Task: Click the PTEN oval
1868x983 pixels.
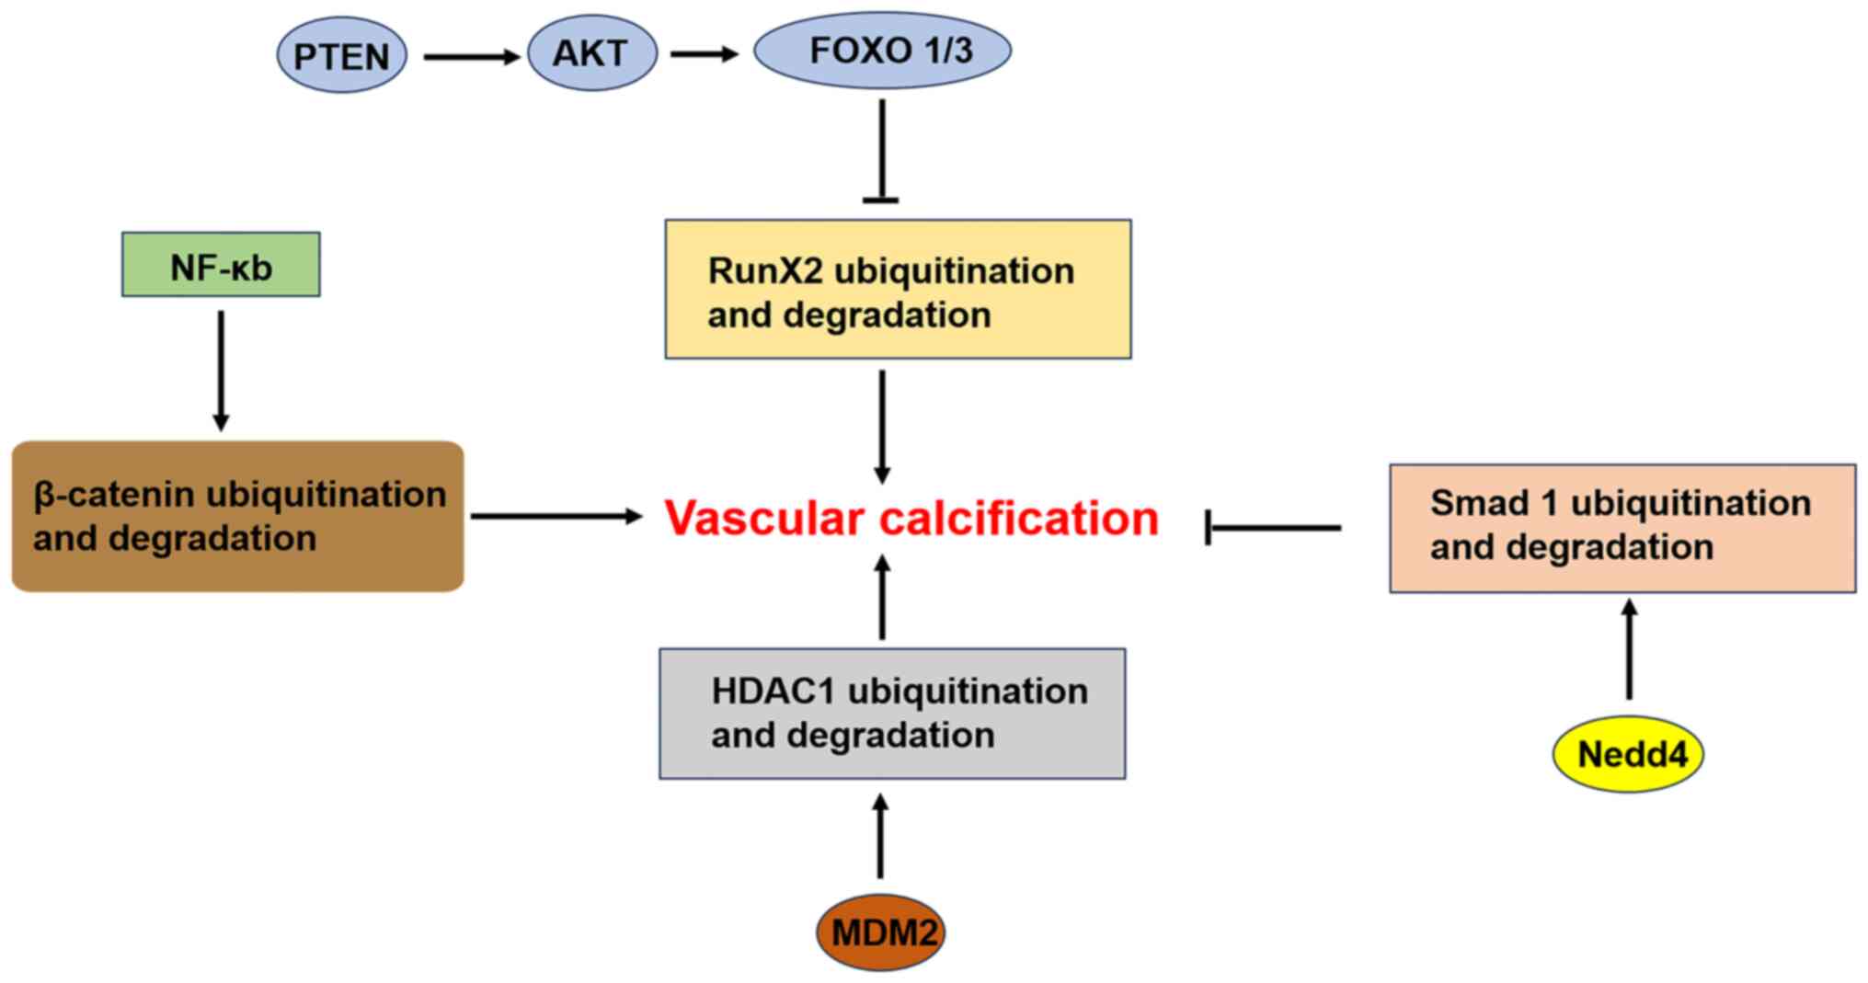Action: click(x=341, y=56)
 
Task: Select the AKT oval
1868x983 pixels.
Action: click(x=591, y=53)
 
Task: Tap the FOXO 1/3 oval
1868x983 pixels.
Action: click(x=882, y=51)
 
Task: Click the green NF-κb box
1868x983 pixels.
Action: click(x=221, y=265)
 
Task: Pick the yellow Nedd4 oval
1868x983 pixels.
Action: click(x=1628, y=754)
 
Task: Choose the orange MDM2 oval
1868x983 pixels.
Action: click(x=881, y=932)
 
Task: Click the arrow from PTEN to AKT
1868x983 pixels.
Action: click(x=471, y=57)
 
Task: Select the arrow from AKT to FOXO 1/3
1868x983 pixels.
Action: click(x=704, y=54)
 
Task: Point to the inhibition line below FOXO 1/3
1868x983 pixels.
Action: click(x=882, y=152)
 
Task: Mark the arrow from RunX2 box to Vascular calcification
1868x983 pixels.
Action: click(x=882, y=426)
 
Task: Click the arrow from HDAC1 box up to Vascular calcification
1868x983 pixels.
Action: click(x=882, y=598)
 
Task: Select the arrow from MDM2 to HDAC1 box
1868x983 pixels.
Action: click(x=880, y=837)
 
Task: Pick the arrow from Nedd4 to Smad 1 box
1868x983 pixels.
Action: click(x=1629, y=649)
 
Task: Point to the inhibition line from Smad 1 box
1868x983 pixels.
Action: click(x=1274, y=528)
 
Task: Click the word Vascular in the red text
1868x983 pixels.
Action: click(x=765, y=519)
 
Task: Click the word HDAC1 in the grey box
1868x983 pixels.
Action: click(x=774, y=692)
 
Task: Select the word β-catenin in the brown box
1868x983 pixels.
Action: click(x=114, y=495)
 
